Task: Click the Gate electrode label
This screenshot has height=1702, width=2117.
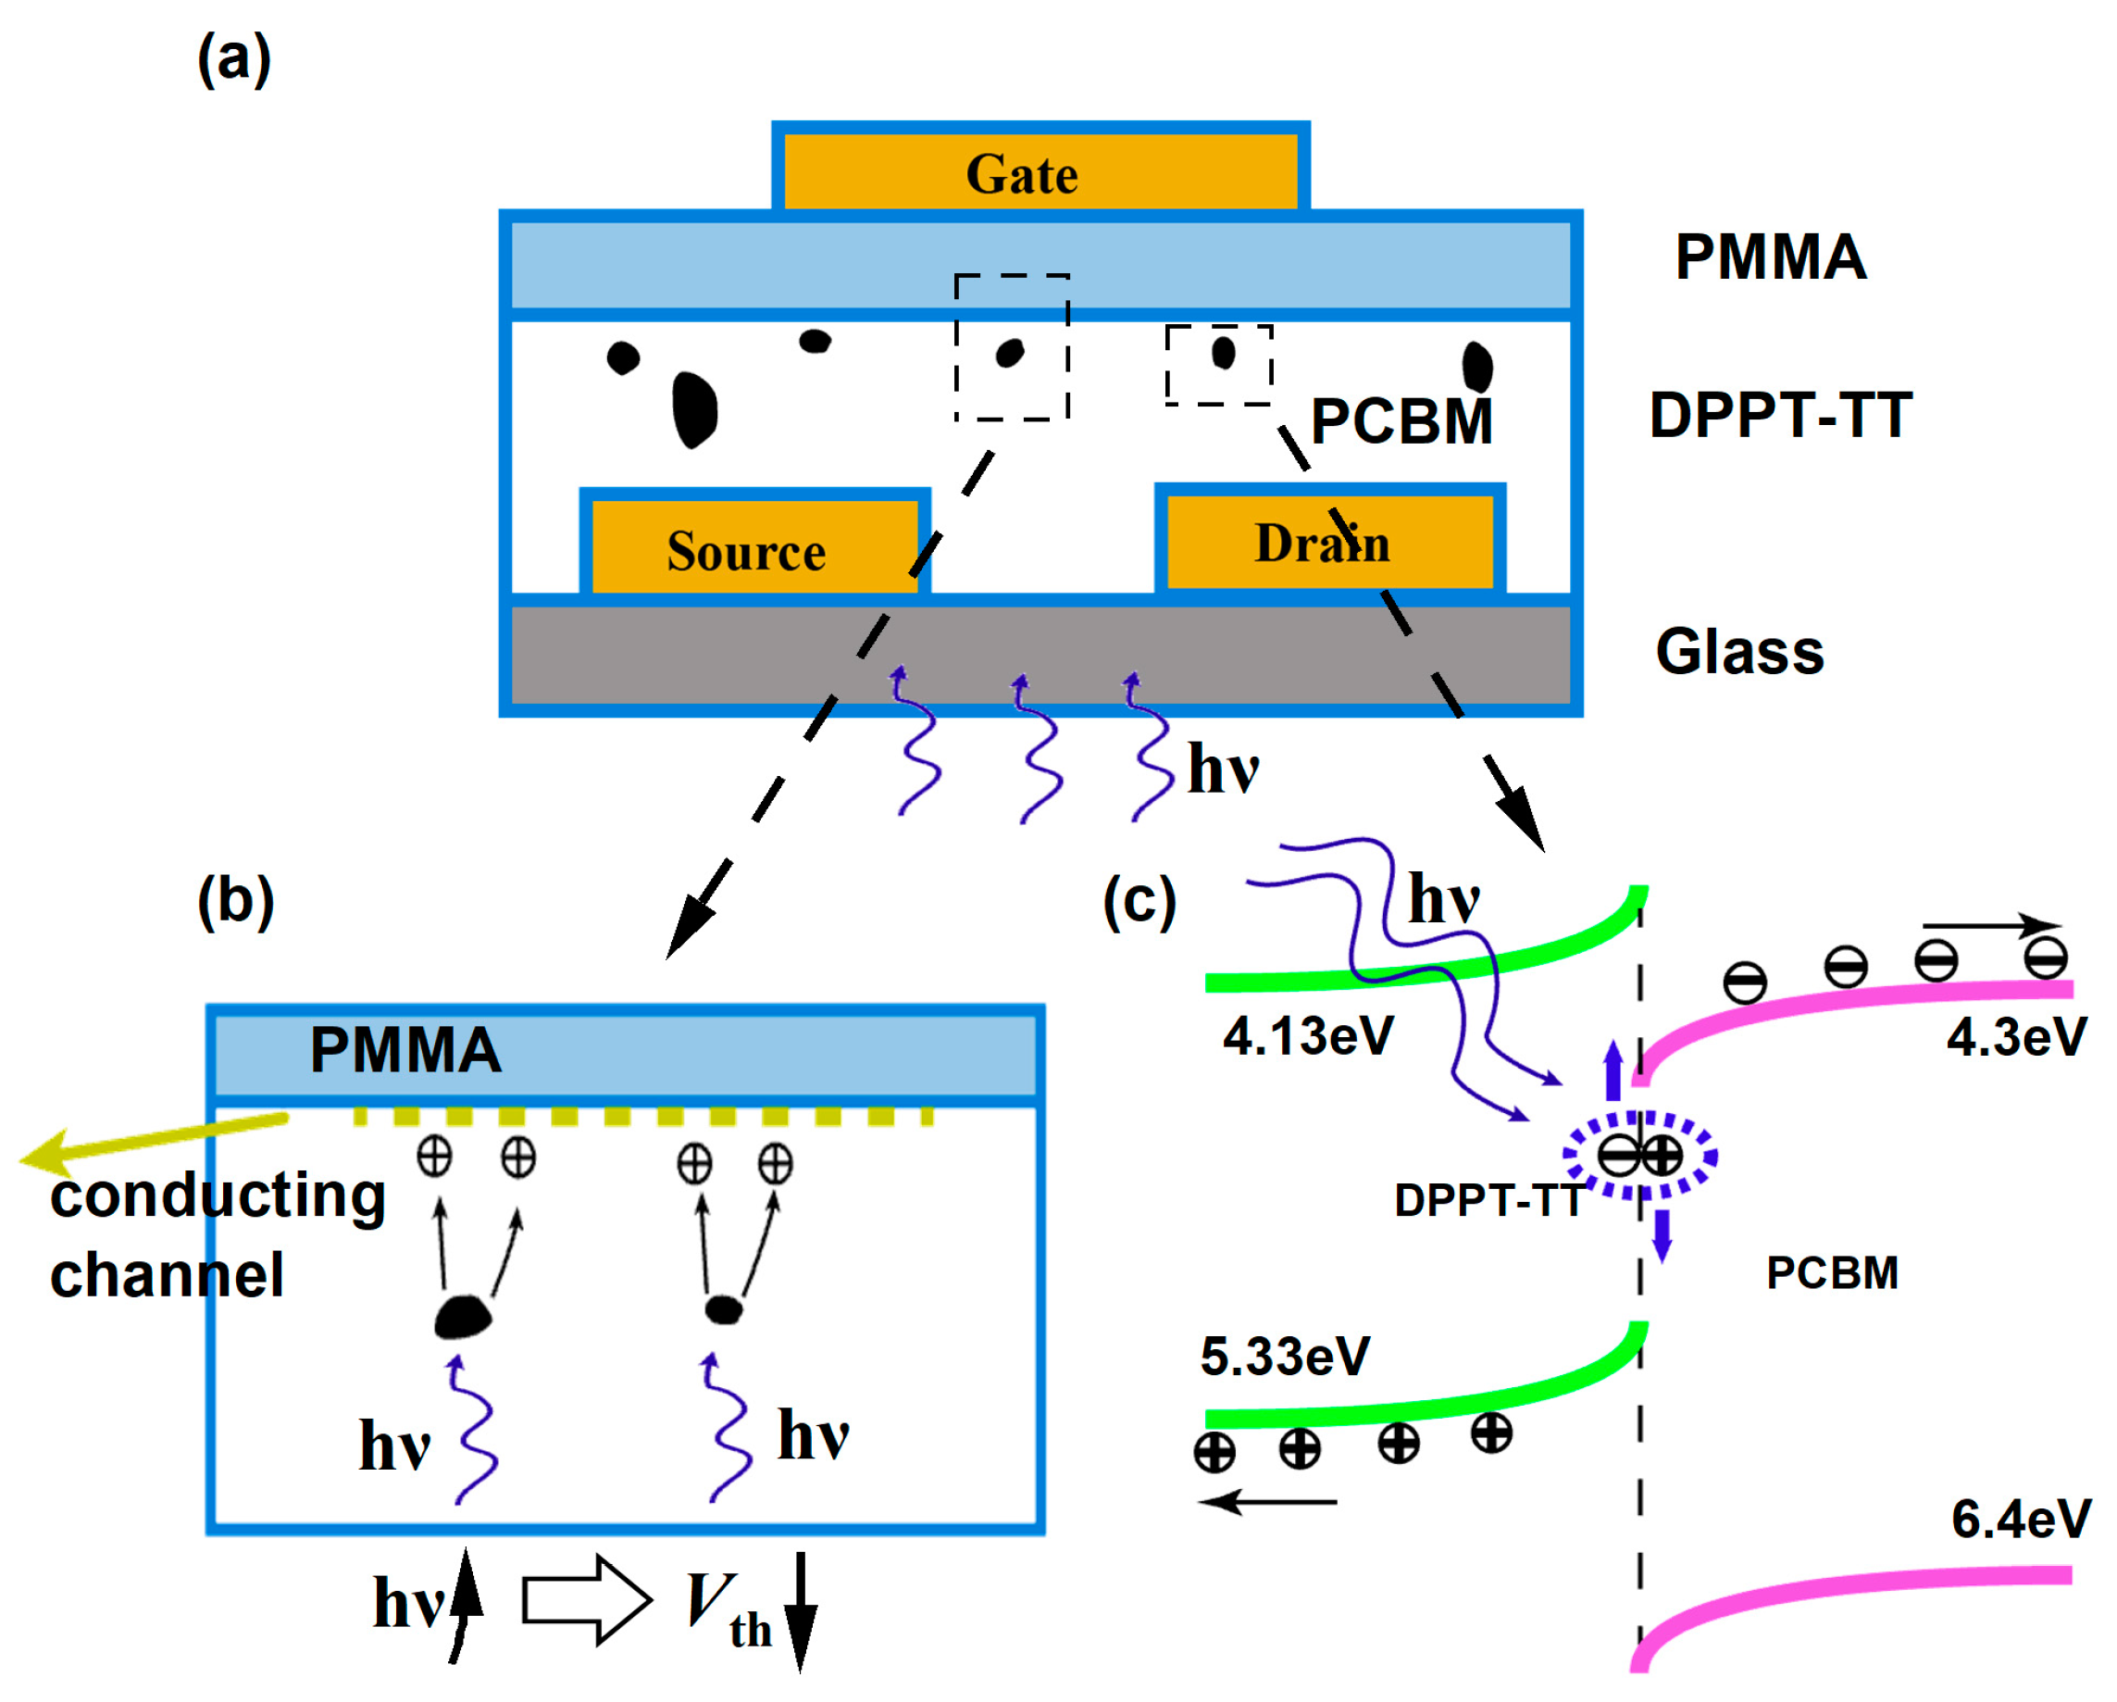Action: [x=1022, y=175]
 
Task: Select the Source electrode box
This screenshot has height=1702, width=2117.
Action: [x=754, y=546]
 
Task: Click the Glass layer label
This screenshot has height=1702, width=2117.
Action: [x=1739, y=652]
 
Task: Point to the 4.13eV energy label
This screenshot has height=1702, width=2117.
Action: [x=1308, y=1036]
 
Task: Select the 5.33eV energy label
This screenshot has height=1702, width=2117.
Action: [x=1284, y=1358]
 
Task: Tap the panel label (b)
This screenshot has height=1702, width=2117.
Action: [x=236, y=902]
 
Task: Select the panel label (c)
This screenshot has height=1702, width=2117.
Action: [x=1139, y=902]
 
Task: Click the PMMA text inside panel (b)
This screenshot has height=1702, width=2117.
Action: [x=405, y=1050]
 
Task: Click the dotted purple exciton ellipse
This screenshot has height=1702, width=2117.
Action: [x=1639, y=1156]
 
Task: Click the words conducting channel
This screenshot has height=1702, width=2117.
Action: [x=216, y=1235]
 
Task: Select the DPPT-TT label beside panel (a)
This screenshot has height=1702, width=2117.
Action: [x=1780, y=415]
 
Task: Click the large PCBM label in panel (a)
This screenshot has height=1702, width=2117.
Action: [x=1401, y=422]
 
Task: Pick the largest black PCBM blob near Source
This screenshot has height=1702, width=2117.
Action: [x=694, y=410]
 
